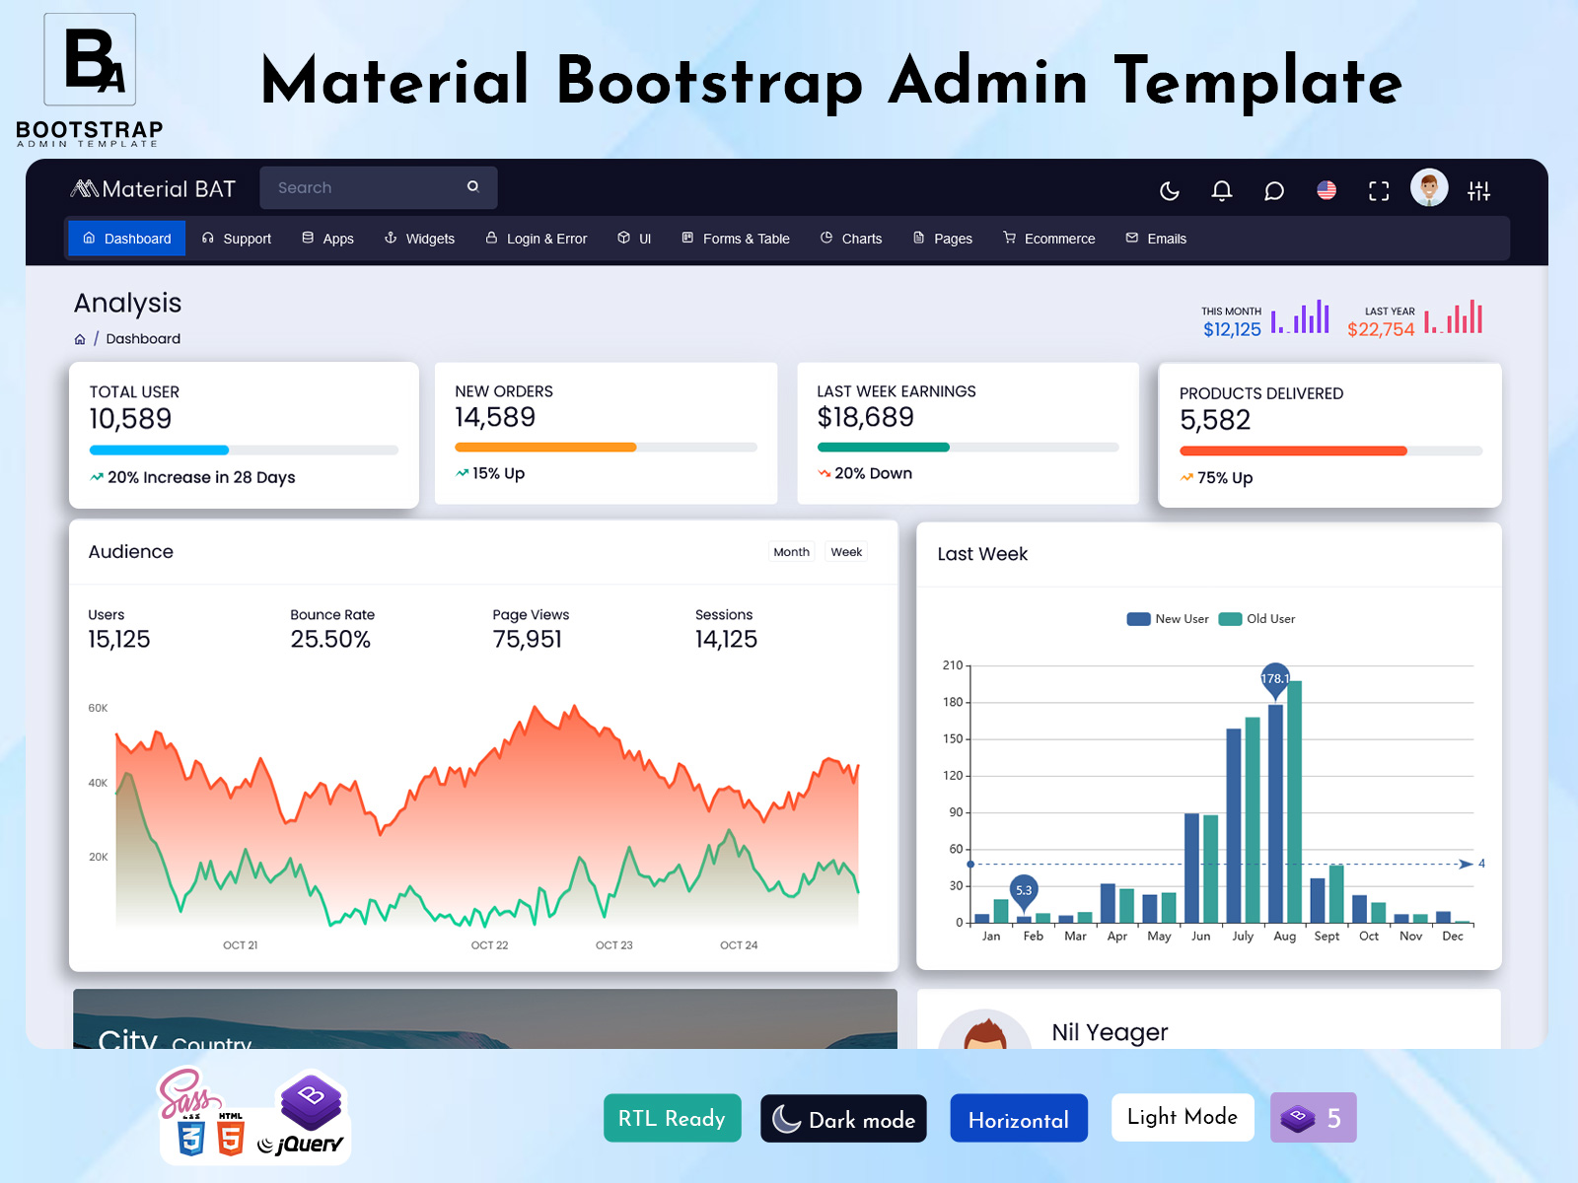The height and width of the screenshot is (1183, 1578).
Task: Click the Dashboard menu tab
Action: tap(127, 239)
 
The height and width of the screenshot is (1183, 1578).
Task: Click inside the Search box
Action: tap(365, 187)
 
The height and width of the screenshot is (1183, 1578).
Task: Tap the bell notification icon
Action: tap(1221, 190)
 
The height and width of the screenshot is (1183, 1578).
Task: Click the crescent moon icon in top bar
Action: tap(1169, 190)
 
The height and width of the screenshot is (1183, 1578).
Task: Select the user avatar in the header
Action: tap(1428, 187)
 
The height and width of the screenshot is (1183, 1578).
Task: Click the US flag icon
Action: tap(1326, 190)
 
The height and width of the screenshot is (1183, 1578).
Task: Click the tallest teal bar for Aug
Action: tap(1294, 800)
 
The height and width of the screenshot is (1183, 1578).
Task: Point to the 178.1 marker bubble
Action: tap(1274, 678)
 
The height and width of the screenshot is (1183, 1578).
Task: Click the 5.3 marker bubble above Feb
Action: tap(1024, 889)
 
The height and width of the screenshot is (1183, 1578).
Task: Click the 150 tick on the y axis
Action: tap(952, 739)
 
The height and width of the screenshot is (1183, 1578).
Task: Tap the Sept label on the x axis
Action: tap(1327, 937)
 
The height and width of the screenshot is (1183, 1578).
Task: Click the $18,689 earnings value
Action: tap(865, 418)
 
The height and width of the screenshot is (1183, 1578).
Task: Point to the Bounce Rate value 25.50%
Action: tap(330, 640)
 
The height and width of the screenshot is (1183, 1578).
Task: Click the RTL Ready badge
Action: tap(672, 1118)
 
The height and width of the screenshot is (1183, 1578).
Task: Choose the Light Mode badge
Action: tap(1182, 1117)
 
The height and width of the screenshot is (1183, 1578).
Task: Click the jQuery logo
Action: tap(301, 1145)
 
